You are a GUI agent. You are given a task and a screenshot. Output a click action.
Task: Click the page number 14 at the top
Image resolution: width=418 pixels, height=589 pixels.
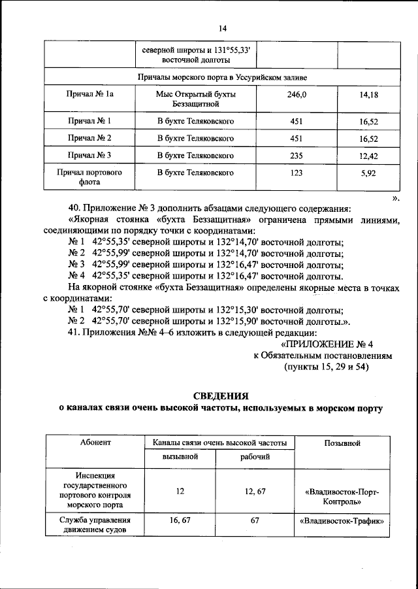click(x=222, y=28)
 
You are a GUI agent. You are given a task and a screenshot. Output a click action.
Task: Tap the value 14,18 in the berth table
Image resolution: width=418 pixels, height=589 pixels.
click(x=369, y=95)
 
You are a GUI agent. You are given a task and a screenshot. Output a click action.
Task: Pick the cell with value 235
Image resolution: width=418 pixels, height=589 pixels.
click(x=296, y=156)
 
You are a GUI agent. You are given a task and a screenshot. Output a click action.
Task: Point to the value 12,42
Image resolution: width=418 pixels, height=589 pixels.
click(x=369, y=156)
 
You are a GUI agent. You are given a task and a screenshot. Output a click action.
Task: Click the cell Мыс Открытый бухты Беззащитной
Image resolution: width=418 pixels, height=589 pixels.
click(x=196, y=99)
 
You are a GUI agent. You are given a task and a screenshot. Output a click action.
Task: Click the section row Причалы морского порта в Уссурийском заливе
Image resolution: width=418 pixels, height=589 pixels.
click(x=222, y=77)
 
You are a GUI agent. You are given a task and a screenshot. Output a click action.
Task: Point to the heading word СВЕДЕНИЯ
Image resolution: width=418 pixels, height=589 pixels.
click(x=221, y=396)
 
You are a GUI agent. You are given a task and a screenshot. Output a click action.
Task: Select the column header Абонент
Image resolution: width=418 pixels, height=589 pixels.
click(x=95, y=443)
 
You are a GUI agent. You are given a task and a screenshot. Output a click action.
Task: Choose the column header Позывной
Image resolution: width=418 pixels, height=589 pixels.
click(x=342, y=443)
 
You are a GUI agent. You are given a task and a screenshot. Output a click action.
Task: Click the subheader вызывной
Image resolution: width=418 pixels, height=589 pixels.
click(x=180, y=456)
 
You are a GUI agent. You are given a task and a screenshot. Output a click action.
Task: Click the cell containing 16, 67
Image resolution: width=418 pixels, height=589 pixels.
click(x=180, y=521)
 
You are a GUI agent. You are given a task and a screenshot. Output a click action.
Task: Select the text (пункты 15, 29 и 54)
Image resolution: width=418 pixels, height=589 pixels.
click(x=327, y=367)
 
